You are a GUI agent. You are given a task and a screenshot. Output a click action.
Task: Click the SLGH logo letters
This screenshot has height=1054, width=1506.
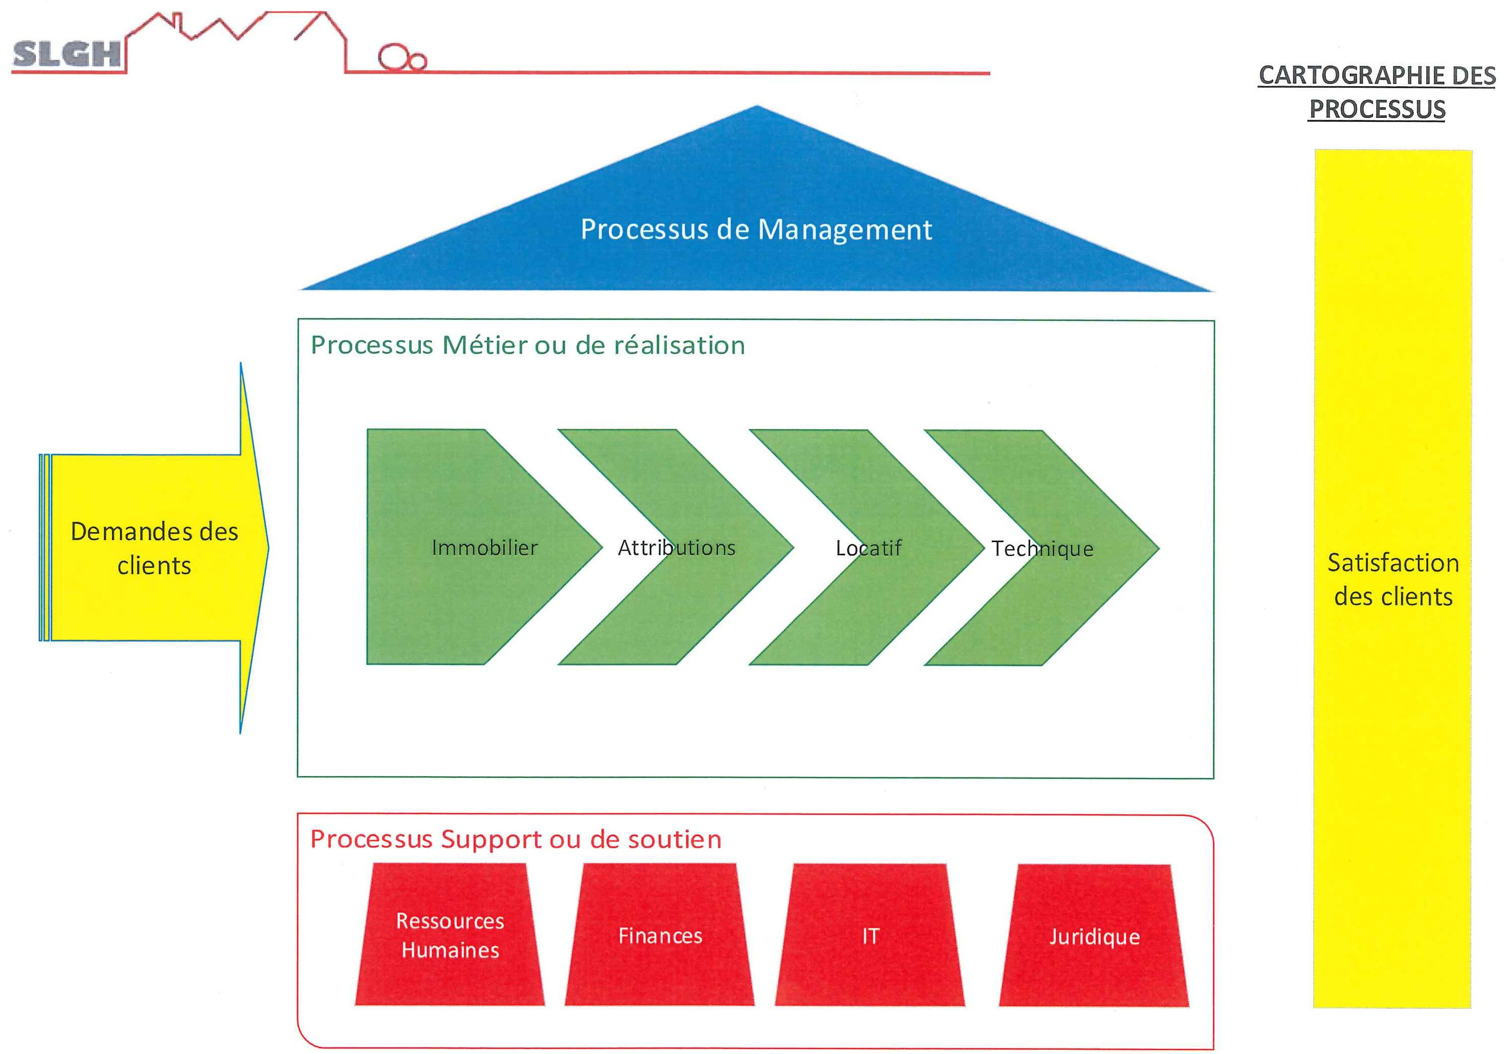(x=67, y=54)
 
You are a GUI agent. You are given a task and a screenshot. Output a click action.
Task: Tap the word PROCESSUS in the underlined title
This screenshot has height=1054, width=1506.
(x=1377, y=109)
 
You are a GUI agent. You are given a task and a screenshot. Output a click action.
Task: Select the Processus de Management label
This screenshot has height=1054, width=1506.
(x=757, y=229)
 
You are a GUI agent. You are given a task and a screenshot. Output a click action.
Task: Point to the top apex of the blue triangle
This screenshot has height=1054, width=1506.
(x=757, y=105)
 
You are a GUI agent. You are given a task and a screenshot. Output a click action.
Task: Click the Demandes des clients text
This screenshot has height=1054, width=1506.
(x=154, y=548)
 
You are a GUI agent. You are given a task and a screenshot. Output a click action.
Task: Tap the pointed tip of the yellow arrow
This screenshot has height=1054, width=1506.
(x=268, y=547)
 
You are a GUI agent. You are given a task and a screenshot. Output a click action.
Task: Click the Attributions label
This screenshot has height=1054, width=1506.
(x=676, y=547)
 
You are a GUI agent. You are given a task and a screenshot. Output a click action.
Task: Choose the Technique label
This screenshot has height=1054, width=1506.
(x=1042, y=549)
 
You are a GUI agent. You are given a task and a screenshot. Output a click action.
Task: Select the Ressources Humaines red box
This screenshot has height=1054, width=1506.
(x=450, y=935)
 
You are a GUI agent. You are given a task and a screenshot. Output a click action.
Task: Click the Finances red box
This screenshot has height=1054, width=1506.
(x=660, y=935)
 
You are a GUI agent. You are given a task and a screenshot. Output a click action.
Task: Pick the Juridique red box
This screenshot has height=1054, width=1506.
(x=1094, y=936)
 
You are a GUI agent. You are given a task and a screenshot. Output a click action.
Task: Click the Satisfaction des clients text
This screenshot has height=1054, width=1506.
(x=1393, y=579)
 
